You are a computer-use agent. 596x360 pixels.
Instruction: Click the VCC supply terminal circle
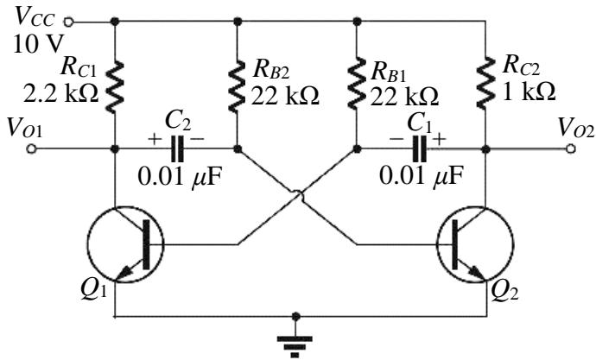(x=68, y=22)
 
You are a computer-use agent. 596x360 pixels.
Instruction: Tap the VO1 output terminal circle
(x=31, y=148)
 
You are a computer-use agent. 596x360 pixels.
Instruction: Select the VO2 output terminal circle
(x=570, y=148)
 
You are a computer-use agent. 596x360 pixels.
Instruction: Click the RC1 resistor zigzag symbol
(x=115, y=86)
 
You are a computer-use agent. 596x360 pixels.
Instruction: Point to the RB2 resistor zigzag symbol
(x=238, y=86)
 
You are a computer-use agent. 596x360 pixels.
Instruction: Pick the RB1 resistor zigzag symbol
(x=357, y=85)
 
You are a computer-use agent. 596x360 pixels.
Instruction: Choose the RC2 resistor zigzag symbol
(x=485, y=82)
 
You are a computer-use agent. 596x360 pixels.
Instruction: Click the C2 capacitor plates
(x=177, y=148)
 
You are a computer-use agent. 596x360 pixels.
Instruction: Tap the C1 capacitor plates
(x=419, y=148)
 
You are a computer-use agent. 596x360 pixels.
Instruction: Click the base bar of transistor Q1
(x=146, y=244)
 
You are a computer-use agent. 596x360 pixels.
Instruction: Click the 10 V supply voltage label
(x=37, y=44)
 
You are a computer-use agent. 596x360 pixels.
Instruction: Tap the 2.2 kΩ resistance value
(x=60, y=93)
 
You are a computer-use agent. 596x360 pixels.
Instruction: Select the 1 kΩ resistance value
(x=529, y=92)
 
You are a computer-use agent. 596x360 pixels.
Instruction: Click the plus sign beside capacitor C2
(x=155, y=139)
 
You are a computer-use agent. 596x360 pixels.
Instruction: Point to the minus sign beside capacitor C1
(x=396, y=139)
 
